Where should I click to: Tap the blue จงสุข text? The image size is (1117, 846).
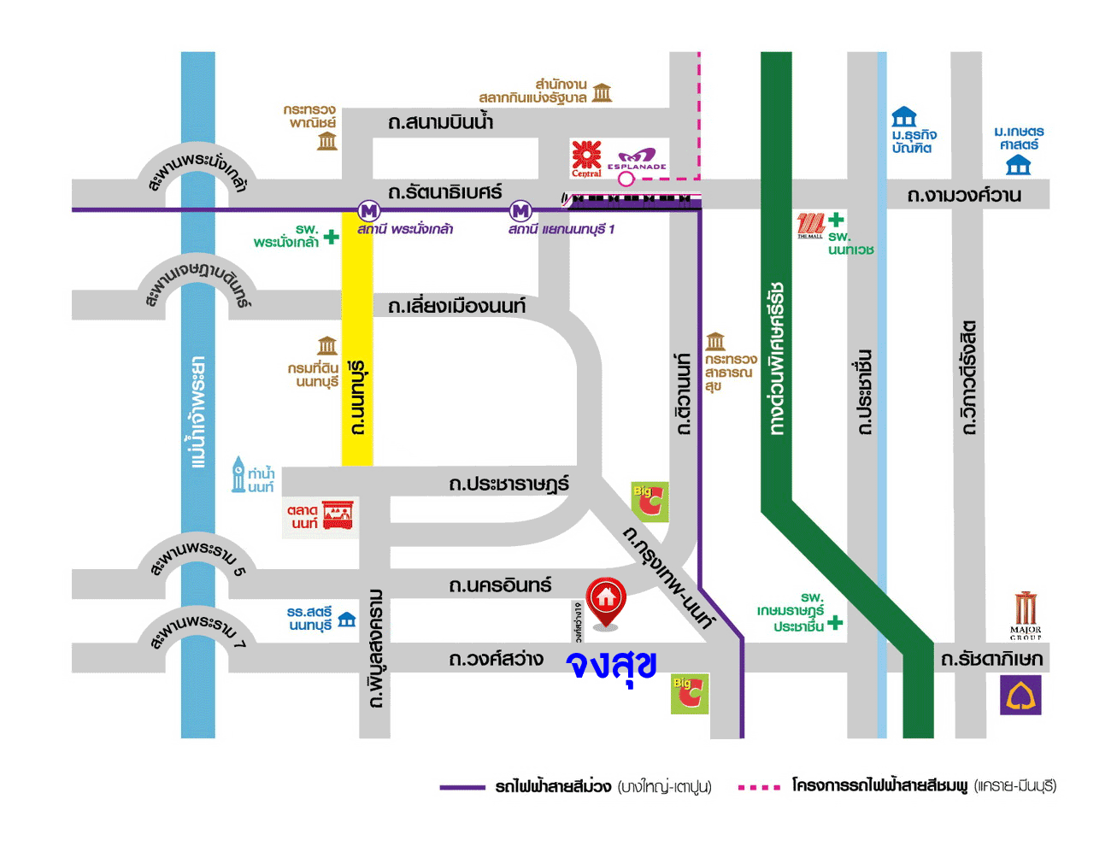(x=612, y=664)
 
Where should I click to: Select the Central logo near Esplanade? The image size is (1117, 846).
(x=586, y=158)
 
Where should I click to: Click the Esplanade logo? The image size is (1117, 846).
(x=637, y=160)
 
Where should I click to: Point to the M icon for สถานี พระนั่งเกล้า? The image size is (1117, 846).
(x=368, y=210)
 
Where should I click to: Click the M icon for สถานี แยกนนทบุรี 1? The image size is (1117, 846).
(x=520, y=210)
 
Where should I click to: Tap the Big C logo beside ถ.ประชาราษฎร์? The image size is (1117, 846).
(x=650, y=502)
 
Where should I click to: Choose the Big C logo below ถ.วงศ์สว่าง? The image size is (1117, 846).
(x=689, y=694)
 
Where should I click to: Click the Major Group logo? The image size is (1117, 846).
(x=1026, y=614)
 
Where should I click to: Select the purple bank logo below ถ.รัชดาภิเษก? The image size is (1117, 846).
(x=1020, y=696)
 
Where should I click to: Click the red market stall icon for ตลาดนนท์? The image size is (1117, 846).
(x=338, y=515)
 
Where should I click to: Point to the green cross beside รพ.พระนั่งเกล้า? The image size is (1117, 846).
(x=331, y=237)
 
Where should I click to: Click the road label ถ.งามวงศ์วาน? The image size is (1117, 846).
(x=964, y=196)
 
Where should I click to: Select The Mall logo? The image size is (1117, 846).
(x=809, y=226)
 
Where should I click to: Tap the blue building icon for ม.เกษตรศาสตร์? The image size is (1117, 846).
(x=1018, y=165)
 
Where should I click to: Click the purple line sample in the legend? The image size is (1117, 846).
(x=462, y=787)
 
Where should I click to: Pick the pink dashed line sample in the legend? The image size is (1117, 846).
(x=759, y=787)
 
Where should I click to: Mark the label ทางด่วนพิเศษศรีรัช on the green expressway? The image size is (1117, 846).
(x=776, y=359)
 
